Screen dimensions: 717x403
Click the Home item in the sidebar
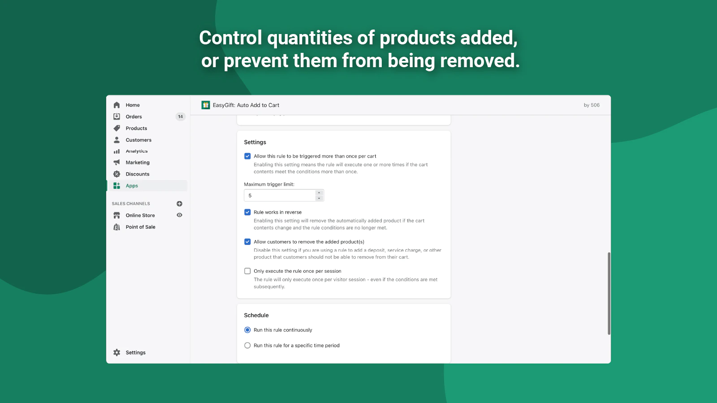coord(133,105)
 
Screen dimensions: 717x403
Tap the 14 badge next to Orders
coord(181,117)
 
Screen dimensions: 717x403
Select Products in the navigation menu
coord(136,128)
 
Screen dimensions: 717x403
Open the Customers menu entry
coord(138,140)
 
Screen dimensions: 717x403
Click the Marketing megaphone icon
coord(117,162)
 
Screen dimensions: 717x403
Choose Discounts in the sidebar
coord(137,174)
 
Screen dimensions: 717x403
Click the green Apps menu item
coord(132,186)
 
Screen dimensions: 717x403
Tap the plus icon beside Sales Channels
coord(180,204)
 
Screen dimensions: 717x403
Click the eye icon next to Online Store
coord(180,215)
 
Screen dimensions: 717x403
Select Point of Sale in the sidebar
coord(140,227)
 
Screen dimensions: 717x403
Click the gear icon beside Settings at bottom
coord(117,352)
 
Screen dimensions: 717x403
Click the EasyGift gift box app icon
coord(206,105)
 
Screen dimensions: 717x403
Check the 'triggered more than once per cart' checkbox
coord(247,156)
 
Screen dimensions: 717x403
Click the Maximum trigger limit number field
coord(280,195)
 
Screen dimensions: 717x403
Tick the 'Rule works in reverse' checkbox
coord(247,212)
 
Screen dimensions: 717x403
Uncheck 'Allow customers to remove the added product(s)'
coord(247,242)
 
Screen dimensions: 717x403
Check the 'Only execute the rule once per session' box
coord(247,271)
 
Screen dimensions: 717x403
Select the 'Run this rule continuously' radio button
coord(247,330)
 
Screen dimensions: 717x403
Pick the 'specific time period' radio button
coord(247,345)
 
